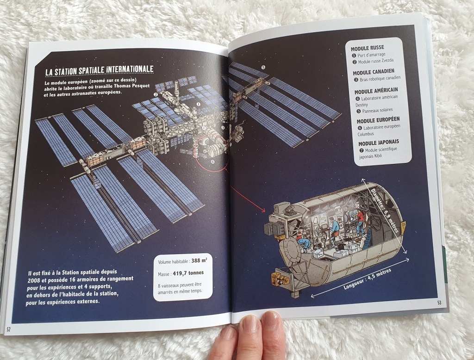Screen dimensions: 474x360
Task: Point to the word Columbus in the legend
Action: (366, 134)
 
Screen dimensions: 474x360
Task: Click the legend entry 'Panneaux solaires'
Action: (374, 111)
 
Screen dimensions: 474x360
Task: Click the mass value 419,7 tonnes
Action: (188, 273)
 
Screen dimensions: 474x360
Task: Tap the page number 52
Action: (8, 329)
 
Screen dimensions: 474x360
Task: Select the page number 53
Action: (439, 303)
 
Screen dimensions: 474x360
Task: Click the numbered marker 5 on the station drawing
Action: (263, 67)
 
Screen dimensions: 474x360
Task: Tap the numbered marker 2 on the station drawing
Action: (156, 94)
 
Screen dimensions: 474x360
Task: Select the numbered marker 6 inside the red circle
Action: (212, 161)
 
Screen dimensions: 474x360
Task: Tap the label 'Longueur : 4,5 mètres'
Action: (367, 279)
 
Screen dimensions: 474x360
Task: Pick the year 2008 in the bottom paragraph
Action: (34, 280)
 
